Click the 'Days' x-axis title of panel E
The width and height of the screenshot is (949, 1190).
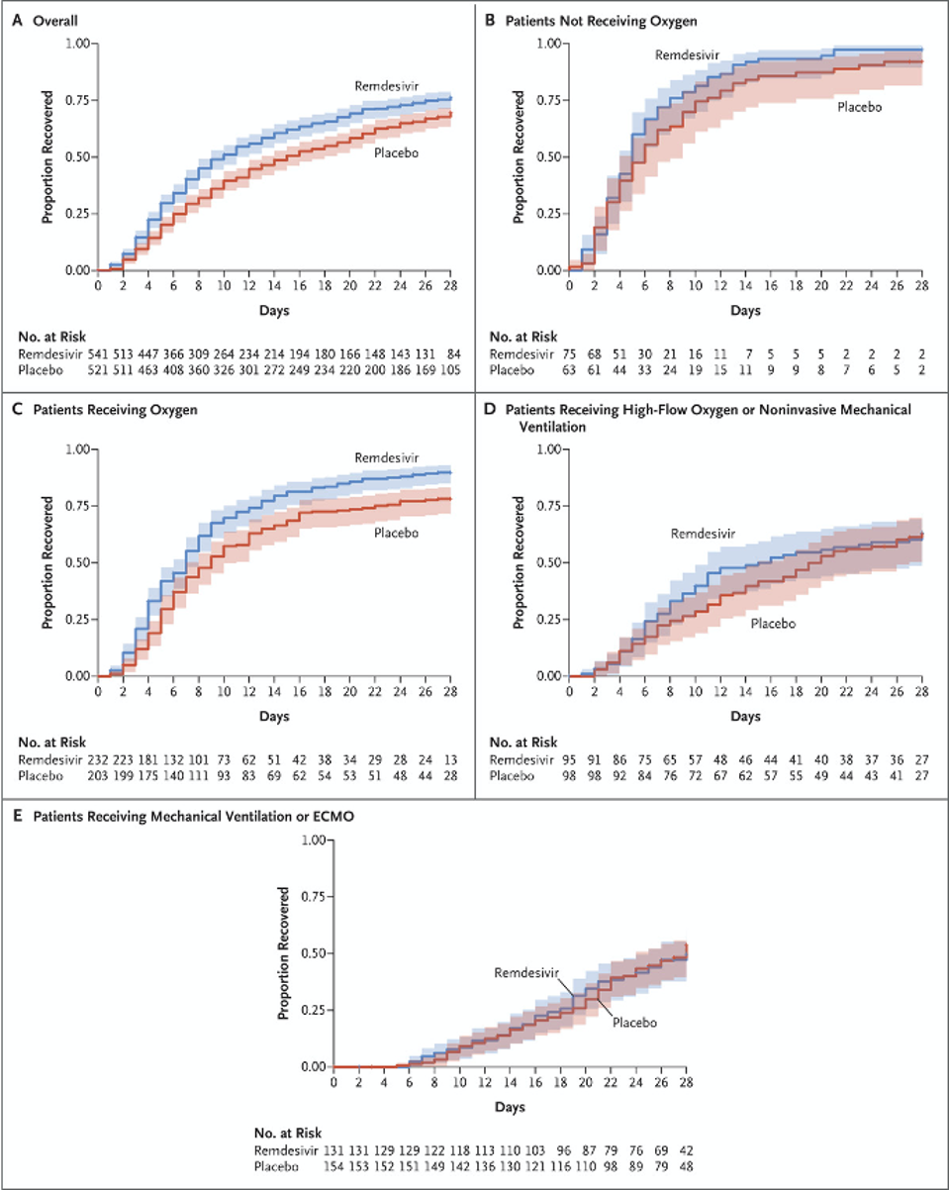(x=511, y=1106)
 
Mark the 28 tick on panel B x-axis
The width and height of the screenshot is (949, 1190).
(x=920, y=285)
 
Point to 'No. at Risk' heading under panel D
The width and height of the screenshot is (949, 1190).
(x=522, y=739)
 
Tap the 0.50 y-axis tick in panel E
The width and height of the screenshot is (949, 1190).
(x=311, y=953)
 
